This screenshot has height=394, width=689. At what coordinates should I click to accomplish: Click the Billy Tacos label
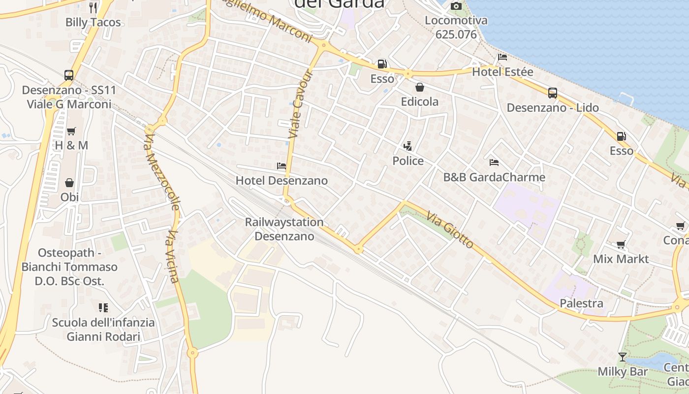click(x=93, y=22)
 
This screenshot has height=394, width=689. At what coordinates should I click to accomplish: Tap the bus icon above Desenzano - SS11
click(x=69, y=75)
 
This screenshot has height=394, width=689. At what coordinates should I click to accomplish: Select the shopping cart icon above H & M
click(x=71, y=131)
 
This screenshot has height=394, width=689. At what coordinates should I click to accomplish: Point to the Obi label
click(x=69, y=197)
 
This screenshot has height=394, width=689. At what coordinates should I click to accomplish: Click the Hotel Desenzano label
click(x=282, y=181)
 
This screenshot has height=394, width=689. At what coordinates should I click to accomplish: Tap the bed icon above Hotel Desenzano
click(x=282, y=166)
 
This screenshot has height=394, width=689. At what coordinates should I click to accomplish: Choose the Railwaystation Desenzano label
click(x=284, y=229)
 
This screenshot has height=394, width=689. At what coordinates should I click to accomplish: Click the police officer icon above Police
click(x=407, y=146)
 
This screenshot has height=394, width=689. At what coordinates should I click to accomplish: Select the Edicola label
click(x=419, y=102)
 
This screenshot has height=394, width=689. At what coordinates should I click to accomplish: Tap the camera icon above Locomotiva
click(x=456, y=6)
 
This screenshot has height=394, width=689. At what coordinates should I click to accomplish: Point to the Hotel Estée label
click(x=502, y=72)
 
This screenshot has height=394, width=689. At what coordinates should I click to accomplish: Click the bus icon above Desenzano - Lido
click(x=553, y=93)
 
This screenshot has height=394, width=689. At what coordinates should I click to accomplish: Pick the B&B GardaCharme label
click(x=494, y=177)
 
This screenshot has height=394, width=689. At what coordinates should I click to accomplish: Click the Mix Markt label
click(x=621, y=259)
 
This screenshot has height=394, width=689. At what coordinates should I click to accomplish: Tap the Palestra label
click(x=581, y=303)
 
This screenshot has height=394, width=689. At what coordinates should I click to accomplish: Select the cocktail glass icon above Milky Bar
click(x=623, y=357)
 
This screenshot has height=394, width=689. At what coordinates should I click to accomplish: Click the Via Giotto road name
click(x=450, y=230)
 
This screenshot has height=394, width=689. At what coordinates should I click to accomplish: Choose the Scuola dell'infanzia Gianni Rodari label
click(x=103, y=330)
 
